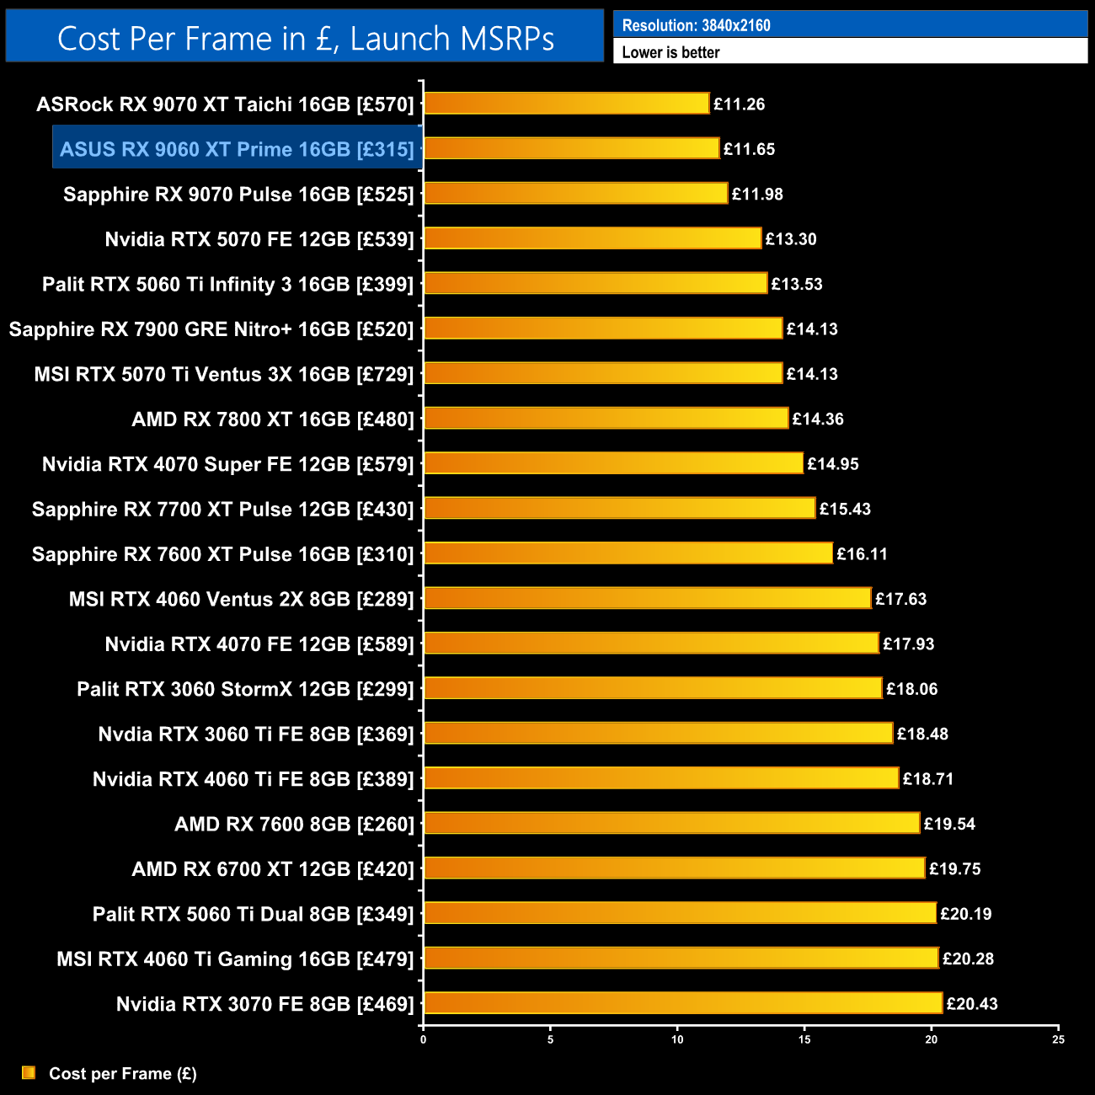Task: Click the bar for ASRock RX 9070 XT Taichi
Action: click(566, 104)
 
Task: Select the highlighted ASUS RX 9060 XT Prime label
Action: click(237, 149)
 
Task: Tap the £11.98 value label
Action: click(757, 195)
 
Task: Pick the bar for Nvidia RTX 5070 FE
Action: click(592, 238)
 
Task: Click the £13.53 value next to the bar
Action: click(797, 284)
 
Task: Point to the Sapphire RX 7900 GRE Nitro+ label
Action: click(211, 329)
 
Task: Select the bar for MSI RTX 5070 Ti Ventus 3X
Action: click(603, 373)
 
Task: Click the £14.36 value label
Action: click(818, 419)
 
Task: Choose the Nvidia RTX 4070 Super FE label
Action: click(228, 464)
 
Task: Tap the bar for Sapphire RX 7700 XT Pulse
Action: click(619, 508)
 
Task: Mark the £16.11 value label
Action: click(862, 554)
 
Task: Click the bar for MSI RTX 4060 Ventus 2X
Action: click(647, 598)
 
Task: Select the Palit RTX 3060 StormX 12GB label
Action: click(245, 689)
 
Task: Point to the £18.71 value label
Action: click(928, 779)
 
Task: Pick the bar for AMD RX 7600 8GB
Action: click(671, 823)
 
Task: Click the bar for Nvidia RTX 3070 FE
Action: click(683, 1003)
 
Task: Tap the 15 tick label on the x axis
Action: click(804, 1040)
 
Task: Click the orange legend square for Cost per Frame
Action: click(29, 1072)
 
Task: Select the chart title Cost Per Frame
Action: click(305, 39)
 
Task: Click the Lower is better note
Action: click(670, 52)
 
